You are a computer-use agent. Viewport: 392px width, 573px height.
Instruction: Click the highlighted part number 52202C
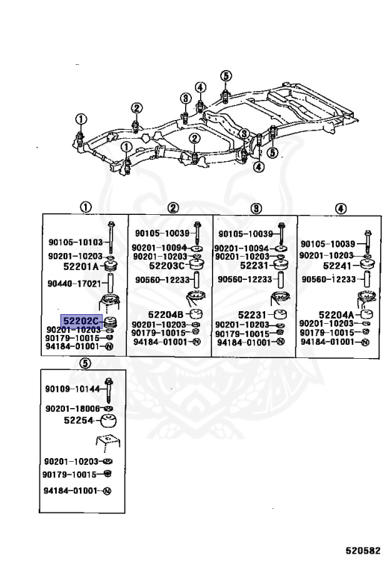click(81, 321)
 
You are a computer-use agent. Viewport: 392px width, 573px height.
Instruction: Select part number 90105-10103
click(75, 242)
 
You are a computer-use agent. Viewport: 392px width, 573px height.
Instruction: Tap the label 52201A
click(81, 266)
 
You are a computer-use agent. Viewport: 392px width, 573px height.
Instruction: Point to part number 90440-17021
click(74, 284)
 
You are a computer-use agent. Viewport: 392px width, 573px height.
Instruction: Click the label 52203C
click(167, 266)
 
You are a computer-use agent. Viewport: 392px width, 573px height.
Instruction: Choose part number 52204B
click(166, 314)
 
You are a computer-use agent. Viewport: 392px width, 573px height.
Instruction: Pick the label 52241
click(337, 266)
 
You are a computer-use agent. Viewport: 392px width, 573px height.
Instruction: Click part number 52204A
click(337, 315)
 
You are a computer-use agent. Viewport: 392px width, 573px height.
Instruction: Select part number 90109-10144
click(72, 389)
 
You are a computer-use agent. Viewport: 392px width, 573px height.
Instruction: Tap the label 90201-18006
click(72, 409)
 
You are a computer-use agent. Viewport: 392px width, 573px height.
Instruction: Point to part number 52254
click(78, 420)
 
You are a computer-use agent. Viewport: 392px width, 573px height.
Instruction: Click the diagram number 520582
click(363, 551)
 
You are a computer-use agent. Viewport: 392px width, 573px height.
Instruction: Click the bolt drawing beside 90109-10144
click(108, 390)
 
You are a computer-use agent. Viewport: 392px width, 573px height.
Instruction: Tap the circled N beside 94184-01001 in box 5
click(107, 491)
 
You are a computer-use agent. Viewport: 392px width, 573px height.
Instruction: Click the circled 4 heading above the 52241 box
click(340, 209)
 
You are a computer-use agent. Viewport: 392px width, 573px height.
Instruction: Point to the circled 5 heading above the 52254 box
click(84, 363)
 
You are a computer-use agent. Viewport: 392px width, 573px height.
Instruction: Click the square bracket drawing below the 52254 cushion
click(108, 441)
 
